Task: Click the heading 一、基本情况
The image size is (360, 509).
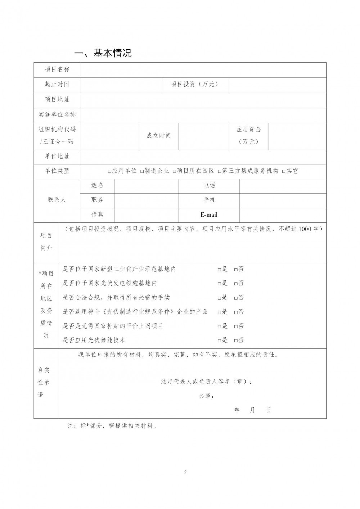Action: [x=103, y=53]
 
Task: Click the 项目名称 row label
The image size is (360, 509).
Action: [x=57, y=69]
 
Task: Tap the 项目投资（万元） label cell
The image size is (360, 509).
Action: [x=195, y=84]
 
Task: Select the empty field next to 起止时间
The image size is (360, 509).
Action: [x=121, y=85]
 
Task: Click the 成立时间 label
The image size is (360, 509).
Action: [x=159, y=136]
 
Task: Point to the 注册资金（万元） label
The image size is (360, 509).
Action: [x=249, y=135]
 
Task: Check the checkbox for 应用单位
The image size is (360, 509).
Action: [x=109, y=171]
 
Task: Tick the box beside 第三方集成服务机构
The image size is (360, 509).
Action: [x=220, y=171]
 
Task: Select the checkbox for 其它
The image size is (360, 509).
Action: [x=284, y=171]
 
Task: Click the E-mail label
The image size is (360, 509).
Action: [x=209, y=215]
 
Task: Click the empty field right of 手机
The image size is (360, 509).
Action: [x=283, y=200]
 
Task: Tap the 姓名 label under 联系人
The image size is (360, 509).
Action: [x=97, y=185]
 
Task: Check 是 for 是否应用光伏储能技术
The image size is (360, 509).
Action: [x=219, y=341]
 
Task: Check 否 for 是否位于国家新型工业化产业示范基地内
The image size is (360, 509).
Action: [x=236, y=270]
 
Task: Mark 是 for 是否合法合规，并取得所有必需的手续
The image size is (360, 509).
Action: [x=219, y=298]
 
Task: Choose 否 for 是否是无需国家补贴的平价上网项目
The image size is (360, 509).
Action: [x=236, y=326]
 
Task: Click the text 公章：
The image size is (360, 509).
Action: [x=206, y=396]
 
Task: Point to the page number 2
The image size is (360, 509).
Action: [x=185, y=473]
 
